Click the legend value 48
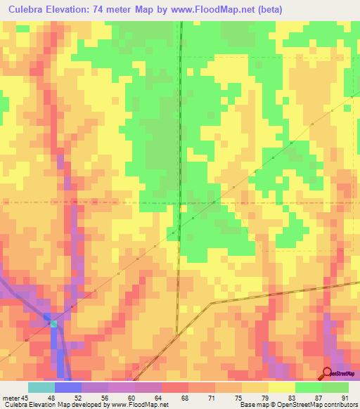(x=69, y=397)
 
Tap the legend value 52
(x=96, y=397)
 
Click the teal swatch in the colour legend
(x=41, y=387)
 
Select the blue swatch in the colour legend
(x=68, y=387)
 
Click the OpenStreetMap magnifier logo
(x=328, y=373)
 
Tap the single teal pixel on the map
(x=53, y=323)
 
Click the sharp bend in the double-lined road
(x=212, y=303)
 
